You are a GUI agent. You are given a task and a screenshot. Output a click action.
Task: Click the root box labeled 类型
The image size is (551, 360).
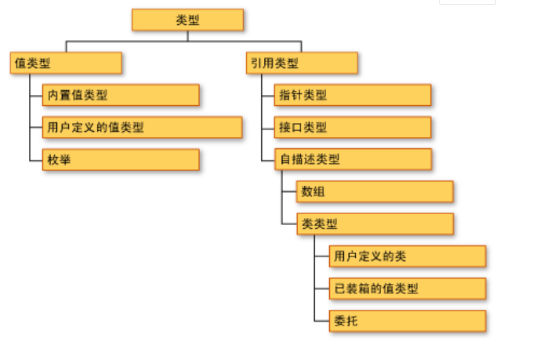tap(187, 20)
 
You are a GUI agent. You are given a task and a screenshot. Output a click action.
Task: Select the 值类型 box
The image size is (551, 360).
tap(66, 63)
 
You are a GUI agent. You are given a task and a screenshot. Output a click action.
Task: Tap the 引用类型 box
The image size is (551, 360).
tap(302, 63)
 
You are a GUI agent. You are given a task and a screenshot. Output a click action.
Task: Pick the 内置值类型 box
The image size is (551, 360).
tap(121, 95)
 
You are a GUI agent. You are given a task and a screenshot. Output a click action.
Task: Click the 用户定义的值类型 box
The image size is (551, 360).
tap(142, 127)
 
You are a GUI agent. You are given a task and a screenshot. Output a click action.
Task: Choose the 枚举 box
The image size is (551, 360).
tap(121, 159)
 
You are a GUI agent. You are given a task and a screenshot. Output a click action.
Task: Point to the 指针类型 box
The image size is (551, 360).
tap(353, 95)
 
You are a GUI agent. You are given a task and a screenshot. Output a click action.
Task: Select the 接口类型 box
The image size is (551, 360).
tap(353, 127)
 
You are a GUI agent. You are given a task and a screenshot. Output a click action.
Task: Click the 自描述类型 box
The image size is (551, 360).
tap(353, 159)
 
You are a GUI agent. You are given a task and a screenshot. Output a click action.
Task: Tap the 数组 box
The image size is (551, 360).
tap(375, 191)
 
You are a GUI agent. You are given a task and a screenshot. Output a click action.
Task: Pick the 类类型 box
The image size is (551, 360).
tap(375, 224)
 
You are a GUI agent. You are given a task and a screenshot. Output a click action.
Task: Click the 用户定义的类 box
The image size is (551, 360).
tap(408, 256)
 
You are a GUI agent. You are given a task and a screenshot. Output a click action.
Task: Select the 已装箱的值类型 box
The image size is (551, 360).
tap(408, 288)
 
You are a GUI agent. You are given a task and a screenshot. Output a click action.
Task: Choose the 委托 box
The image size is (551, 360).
tap(408, 320)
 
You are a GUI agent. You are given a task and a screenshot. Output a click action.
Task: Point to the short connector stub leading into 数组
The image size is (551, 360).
tap(288, 192)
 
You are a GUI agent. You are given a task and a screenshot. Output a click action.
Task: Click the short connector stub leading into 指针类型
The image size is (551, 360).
tap(267, 96)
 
